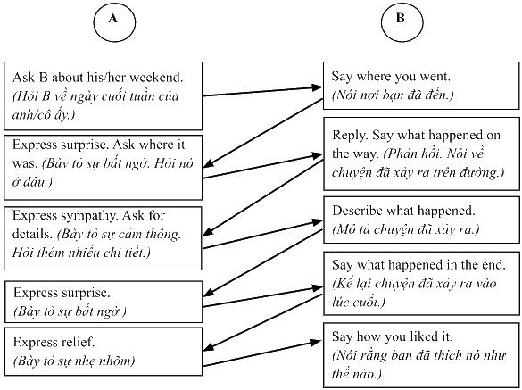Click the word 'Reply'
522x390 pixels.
[x=350, y=136]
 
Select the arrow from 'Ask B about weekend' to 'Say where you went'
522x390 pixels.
[x=262, y=92]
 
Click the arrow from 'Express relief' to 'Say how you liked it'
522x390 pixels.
[x=262, y=353]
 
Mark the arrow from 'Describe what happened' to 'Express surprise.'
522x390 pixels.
[x=262, y=262]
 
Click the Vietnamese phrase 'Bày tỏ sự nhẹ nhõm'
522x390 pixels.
[x=74, y=361]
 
